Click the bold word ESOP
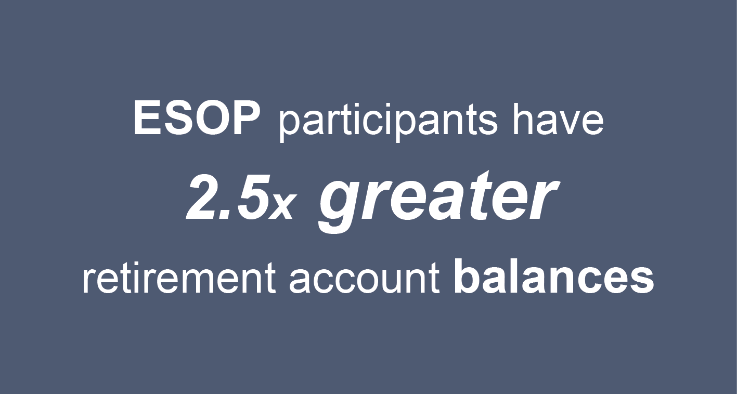coord(197,120)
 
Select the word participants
coord(387,123)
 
